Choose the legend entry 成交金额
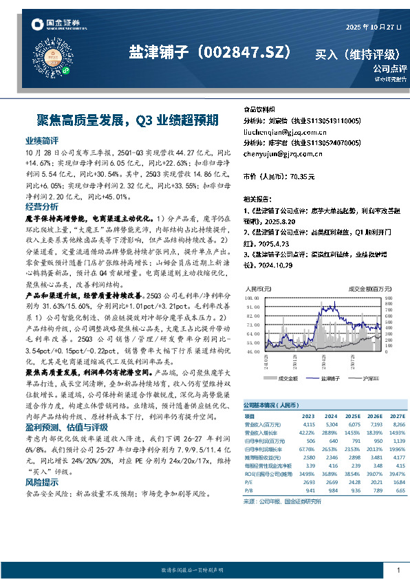point(288,378)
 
